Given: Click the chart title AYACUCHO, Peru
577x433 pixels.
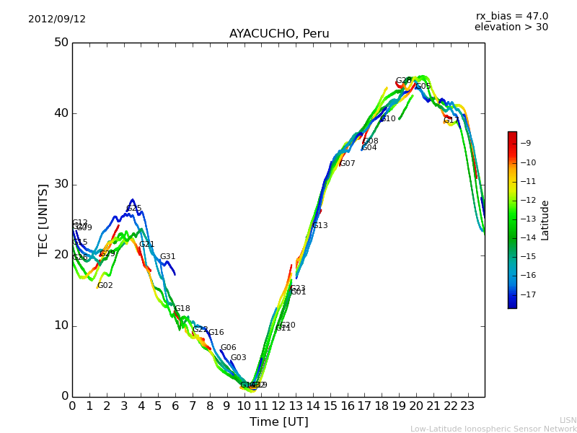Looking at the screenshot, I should [278, 34].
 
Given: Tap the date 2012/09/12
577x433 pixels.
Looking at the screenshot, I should [57, 19].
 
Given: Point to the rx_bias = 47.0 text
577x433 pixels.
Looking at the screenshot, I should [511, 17].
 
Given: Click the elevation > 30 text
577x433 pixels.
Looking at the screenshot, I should [511, 27].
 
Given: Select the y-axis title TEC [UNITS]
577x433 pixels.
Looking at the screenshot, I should [43, 219].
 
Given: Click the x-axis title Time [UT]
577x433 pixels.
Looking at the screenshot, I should [278, 421].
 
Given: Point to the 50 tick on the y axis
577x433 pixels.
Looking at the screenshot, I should [61, 43].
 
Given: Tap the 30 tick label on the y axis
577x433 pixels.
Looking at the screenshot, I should [61, 184].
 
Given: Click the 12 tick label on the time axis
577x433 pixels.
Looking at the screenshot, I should [278, 406].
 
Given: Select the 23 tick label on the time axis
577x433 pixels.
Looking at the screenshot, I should [467, 406].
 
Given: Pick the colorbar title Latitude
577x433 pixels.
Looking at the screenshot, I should [545, 220].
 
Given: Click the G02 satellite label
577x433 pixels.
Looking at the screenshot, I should [105, 286].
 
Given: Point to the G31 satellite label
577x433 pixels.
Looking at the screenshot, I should [168, 257].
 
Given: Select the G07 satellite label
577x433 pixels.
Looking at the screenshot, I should [348, 164].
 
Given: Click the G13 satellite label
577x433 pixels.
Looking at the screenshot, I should [320, 226].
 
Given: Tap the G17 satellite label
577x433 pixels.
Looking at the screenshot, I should [452, 121].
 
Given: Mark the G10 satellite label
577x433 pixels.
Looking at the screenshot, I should [388, 119].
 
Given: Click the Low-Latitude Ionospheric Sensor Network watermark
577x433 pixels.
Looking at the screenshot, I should [493, 429].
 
